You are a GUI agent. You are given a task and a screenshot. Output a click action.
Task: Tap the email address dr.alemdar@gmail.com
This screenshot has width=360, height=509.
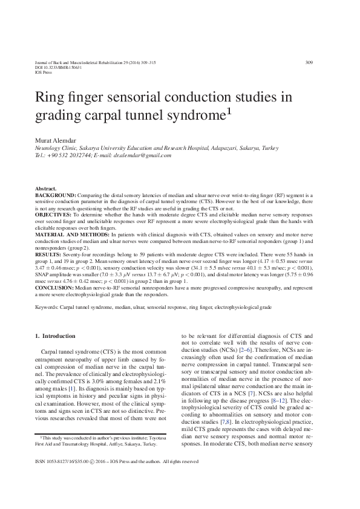(143, 155)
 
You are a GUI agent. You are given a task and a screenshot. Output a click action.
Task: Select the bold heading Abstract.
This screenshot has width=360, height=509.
(46, 189)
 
